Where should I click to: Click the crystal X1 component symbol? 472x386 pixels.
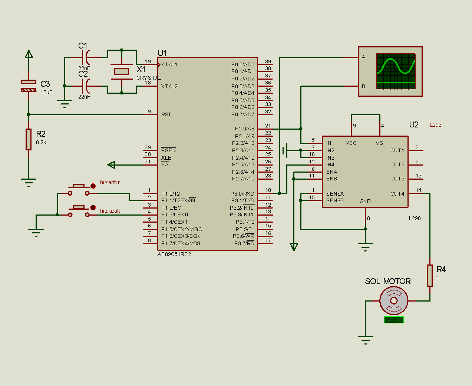pyautogui.click(x=121, y=71)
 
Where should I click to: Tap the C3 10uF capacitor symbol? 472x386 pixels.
pyautogui.click(x=29, y=86)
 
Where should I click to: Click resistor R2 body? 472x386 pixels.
pyautogui.click(x=29, y=139)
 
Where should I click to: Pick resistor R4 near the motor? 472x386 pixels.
pyautogui.click(x=430, y=275)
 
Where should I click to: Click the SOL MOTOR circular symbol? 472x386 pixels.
pyautogui.click(x=394, y=300)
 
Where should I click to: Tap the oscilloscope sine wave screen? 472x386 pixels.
pyautogui.click(x=396, y=71)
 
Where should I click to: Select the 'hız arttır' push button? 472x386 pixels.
pyautogui.click(x=79, y=189)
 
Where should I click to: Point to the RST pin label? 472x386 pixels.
pyautogui.click(x=166, y=114)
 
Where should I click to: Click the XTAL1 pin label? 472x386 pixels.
pyautogui.click(x=169, y=64)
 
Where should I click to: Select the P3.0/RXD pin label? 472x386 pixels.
pyautogui.click(x=242, y=194)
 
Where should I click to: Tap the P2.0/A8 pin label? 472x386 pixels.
pyautogui.click(x=245, y=129)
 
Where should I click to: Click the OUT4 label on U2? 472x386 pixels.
pyautogui.click(x=397, y=194)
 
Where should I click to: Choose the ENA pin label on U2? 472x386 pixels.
pyautogui.click(x=331, y=172)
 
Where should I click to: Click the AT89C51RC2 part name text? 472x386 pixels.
pyautogui.click(x=174, y=254)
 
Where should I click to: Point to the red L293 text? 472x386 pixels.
pyautogui.click(x=435, y=125)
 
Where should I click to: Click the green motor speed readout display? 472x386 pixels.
pyautogui.click(x=394, y=320)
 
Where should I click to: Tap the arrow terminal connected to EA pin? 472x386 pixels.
pyautogui.click(x=111, y=164)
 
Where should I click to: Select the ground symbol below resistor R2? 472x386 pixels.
pyautogui.click(x=29, y=182)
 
